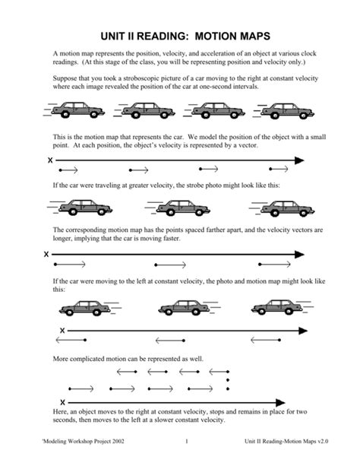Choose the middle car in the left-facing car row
click(x=180, y=306)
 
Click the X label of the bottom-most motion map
click(x=62, y=401)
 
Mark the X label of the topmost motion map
click(x=50, y=160)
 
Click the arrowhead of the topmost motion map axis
click(x=299, y=160)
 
